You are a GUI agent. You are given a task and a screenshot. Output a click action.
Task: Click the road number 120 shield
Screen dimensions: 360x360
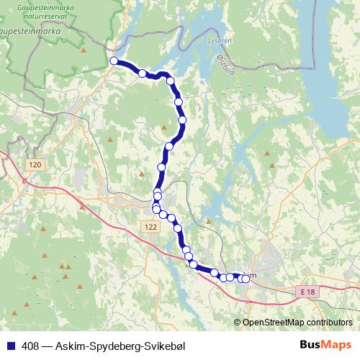click(x=35, y=165)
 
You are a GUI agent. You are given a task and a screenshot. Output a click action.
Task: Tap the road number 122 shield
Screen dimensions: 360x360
click(x=150, y=227)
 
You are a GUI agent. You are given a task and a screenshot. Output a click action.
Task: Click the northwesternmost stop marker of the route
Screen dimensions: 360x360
click(x=114, y=61)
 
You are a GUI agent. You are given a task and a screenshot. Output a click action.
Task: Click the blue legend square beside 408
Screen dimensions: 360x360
click(x=11, y=346)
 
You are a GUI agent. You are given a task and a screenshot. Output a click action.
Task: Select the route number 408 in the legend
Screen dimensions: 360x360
click(x=30, y=346)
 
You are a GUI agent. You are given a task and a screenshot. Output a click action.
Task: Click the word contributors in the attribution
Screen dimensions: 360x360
click(x=327, y=323)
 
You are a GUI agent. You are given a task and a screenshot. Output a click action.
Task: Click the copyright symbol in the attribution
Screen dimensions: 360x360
click(x=237, y=323)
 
